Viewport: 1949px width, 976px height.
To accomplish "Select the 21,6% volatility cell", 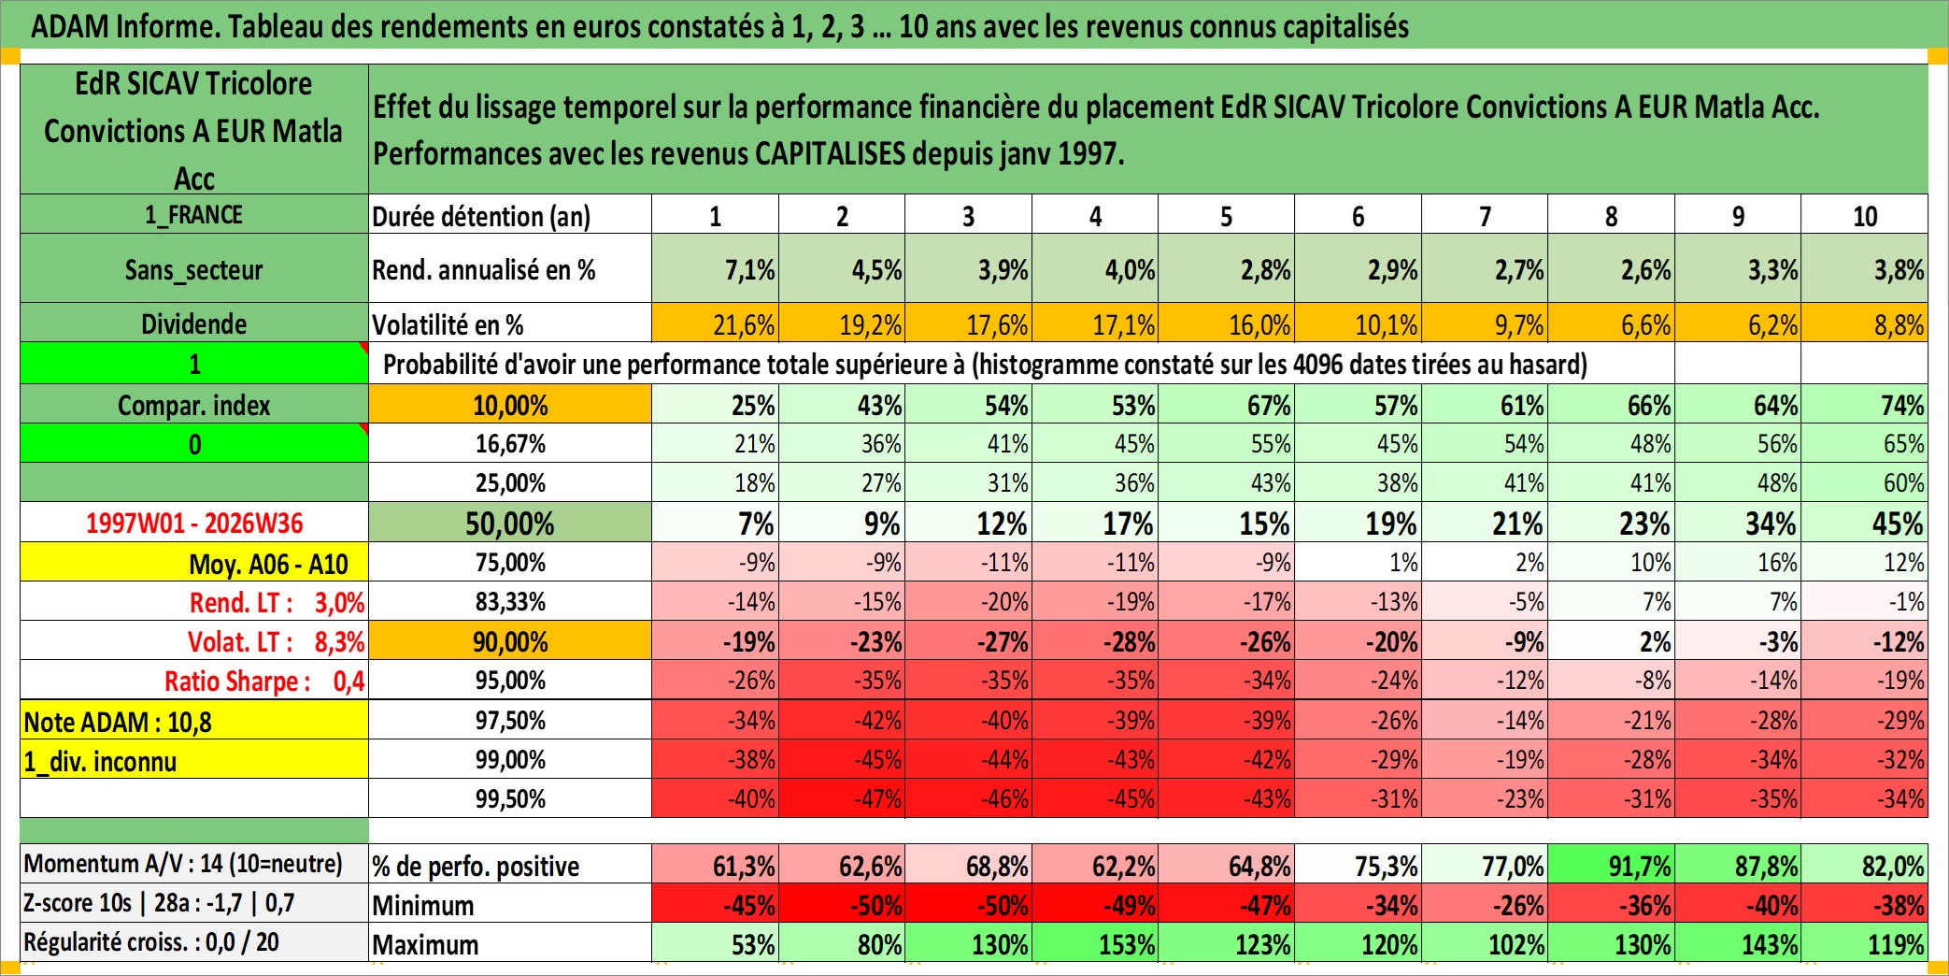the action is click(716, 323).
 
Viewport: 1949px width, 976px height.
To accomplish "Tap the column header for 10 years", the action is click(1865, 215).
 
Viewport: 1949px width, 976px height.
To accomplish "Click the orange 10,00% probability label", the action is click(510, 405).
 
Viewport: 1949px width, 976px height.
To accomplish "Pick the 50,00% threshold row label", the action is click(510, 523).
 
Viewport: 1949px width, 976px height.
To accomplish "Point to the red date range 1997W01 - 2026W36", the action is click(194, 523).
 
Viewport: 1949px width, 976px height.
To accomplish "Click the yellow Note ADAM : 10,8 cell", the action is click(194, 721).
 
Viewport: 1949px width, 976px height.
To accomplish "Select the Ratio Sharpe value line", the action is click(264, 681).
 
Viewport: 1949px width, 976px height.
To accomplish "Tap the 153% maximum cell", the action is click(1095, 943).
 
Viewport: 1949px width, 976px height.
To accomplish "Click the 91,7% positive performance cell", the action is click(1612, 865).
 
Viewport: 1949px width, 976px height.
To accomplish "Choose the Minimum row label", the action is click(423, 905).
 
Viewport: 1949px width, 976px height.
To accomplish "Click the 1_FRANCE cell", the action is click(194, 214).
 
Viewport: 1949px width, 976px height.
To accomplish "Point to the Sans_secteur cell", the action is click(194, 269).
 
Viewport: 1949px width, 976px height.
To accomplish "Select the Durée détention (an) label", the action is click(481, 216).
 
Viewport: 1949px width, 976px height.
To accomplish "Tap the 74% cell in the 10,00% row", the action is click(1865, 405).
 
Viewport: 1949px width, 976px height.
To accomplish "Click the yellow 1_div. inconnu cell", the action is click(194, 760).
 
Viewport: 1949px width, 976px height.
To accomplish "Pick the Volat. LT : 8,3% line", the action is click(276, 641).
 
